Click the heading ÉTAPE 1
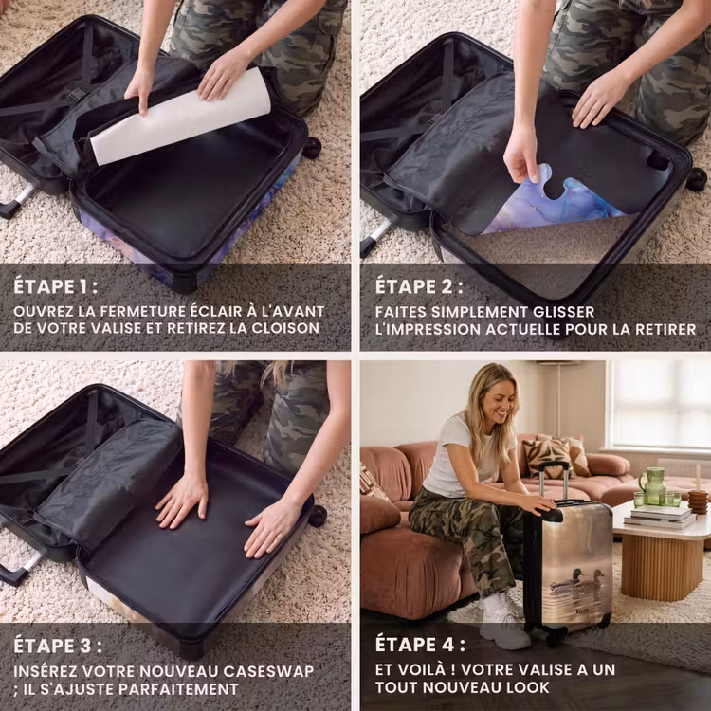point(55,286)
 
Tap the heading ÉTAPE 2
point(419,286)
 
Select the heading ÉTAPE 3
point(58,647)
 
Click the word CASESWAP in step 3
point(268,671)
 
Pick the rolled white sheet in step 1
point(180,117)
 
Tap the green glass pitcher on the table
point(652,485)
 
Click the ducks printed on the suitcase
point(577,580)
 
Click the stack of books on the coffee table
point(660,516)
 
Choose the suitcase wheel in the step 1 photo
point(312,148)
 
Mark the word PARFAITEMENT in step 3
point(178,690)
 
